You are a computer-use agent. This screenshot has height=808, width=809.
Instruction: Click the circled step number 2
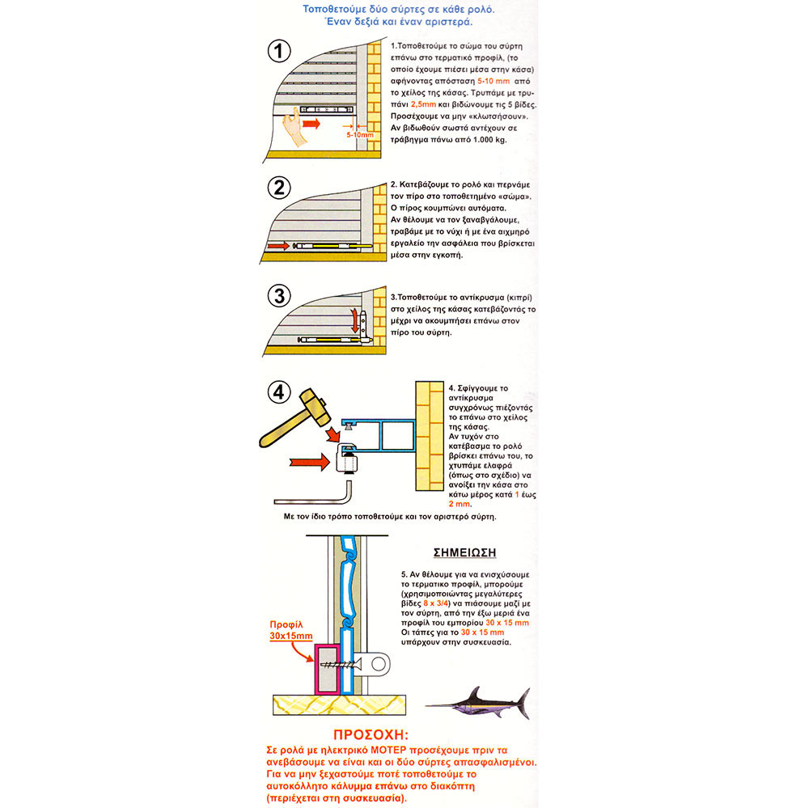279,188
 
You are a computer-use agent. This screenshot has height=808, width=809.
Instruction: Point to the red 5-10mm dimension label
359,135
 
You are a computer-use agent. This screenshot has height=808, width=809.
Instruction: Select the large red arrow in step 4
304,463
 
